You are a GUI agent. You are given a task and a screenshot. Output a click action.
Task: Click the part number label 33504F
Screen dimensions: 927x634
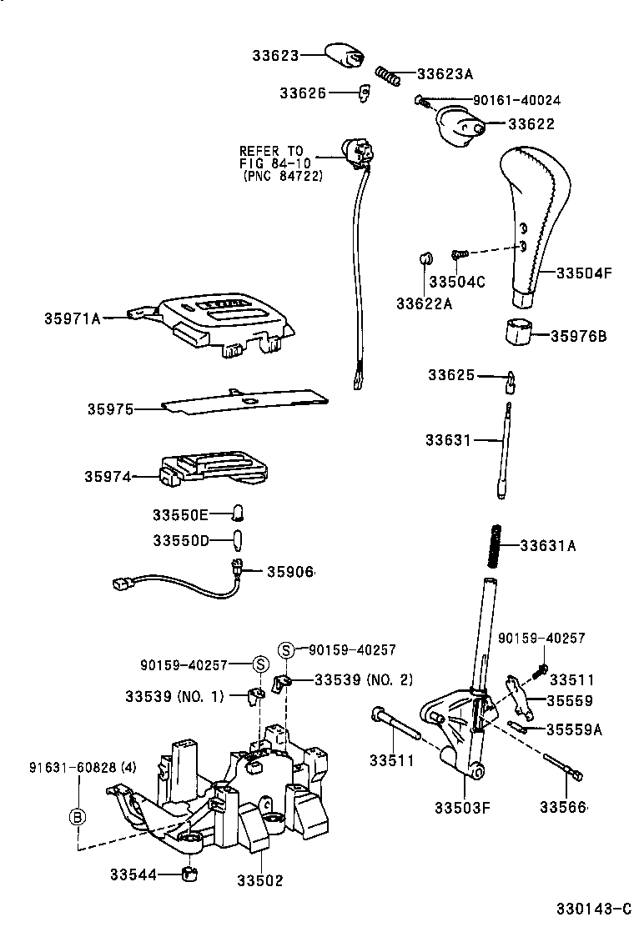pos(584,272)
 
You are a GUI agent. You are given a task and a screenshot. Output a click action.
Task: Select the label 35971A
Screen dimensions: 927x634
pos(72,318)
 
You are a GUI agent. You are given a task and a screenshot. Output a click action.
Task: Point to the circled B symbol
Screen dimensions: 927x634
pos(76,817)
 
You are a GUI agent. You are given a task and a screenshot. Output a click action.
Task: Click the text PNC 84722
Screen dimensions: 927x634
pos(283,177)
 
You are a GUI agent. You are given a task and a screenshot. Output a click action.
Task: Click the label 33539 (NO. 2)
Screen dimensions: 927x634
pos(364,679)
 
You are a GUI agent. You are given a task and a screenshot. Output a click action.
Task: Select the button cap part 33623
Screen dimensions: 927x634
pos(344,54)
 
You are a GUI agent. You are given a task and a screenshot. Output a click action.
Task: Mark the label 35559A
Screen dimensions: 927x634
pos(574,729)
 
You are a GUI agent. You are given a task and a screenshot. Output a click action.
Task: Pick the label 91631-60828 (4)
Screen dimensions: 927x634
pos(81,767)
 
